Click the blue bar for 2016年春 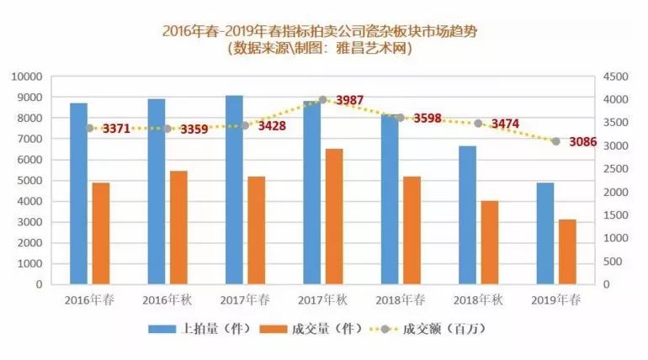pos(78,193)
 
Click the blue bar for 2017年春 pos(234,189)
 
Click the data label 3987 pos(349,101)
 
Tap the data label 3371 pos(116,129)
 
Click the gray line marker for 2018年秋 pos(479,123)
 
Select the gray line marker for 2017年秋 pos(323,99)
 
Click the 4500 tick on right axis pos(615,77)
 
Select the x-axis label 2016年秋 pos(167,300)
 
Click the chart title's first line pos(325,32)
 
